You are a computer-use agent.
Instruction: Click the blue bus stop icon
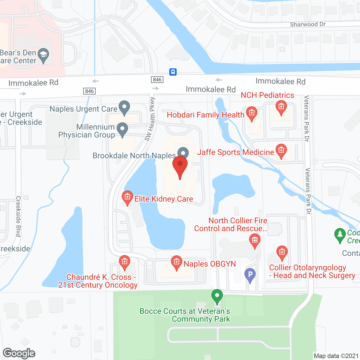[173, 72]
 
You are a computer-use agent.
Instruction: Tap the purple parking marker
[250, 274]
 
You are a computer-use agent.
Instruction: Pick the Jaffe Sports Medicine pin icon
[281, 151]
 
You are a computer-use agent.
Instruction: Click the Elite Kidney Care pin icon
[127, 197]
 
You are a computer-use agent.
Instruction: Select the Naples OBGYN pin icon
[176, 262]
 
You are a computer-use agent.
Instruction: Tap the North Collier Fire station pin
[255, 241]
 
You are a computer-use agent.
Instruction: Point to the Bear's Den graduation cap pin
[43, 55]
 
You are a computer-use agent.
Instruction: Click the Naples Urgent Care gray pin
[124, 107]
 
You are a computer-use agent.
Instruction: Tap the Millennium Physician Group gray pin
[122, 129]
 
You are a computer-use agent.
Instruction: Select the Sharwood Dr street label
[308, 24]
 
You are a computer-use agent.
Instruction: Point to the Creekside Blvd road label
[18, 216]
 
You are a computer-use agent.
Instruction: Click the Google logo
[19, 353]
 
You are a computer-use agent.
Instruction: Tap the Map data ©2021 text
[336, 356]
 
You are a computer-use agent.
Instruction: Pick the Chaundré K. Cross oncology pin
[124, 262]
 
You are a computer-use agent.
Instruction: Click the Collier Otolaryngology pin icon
[282, 253]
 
